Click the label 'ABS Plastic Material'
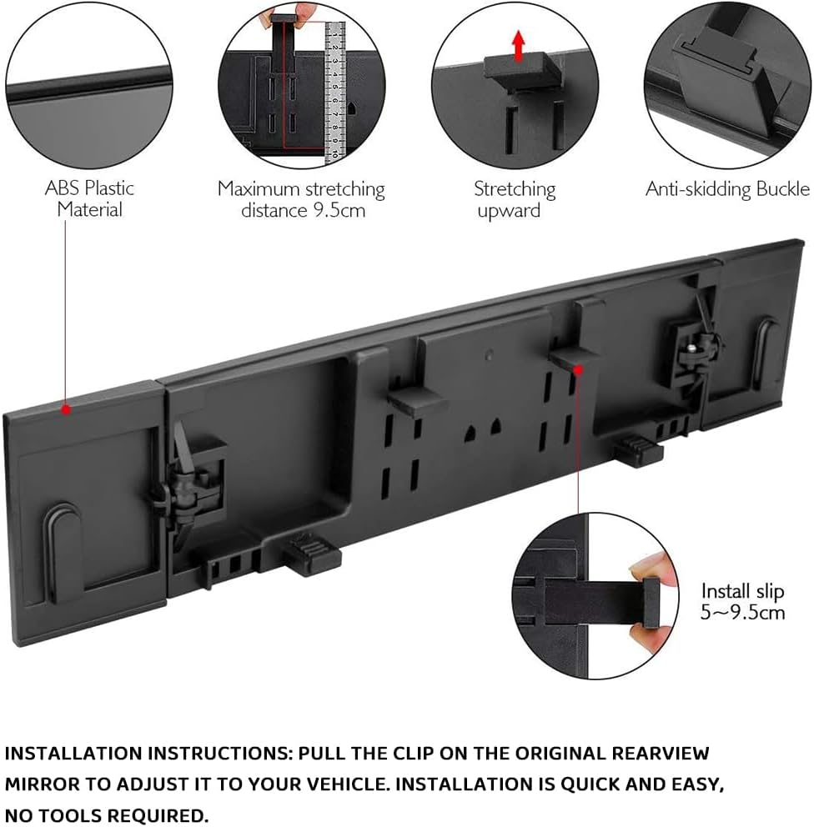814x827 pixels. tap(89, 198)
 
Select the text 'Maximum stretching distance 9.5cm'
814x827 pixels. tap(302, 198)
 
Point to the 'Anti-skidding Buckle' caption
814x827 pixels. tap(727, 189)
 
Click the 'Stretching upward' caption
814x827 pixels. tap(515, 199)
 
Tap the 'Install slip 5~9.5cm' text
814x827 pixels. tap(742, 601)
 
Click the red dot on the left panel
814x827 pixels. tap(65, 409)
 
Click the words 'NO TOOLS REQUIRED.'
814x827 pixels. tap(105, 814)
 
